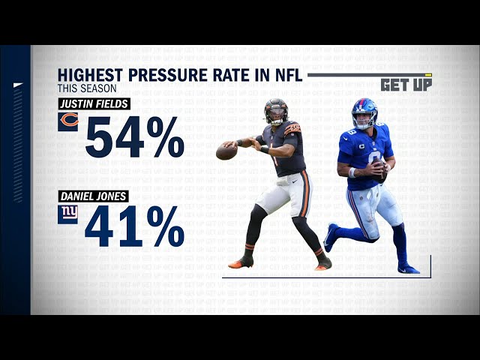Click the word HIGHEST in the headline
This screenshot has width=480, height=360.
click(91, 75)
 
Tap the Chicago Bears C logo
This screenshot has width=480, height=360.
click(68, 121)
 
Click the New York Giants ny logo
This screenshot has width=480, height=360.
click(68, 214)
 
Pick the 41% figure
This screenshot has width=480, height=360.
click(135, 227)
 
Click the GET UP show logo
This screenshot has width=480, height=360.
click(406, 85)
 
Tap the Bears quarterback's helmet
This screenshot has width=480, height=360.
click(275, 112)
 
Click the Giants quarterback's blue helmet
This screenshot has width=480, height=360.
click(364, 112)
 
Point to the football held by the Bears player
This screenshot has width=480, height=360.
click(226, 152)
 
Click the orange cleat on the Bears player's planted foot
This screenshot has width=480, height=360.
click(241, 262)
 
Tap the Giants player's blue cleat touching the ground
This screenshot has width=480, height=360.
click(408, 268)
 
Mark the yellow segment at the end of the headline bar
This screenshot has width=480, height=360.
click(428, 75)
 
